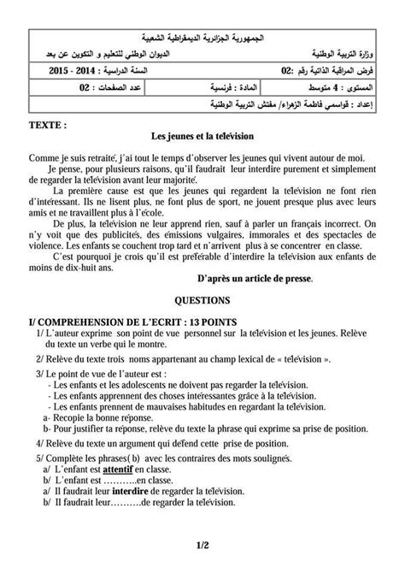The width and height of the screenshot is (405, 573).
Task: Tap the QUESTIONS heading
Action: (x=202, y=301)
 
